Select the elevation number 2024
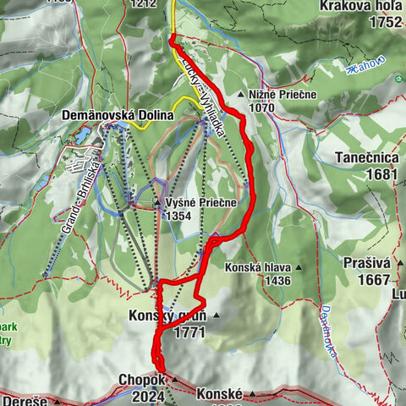click(x=149, y=396)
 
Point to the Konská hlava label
click(x=257, y=267)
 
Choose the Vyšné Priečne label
click(x=201, y=203)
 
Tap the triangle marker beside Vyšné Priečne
click(x=157, y=203)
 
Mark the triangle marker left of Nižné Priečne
click(x=241, y=95)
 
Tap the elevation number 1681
click(x=381, y=173)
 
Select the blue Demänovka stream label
click(x=327, y=331)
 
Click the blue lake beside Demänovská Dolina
click(x=83, y=135)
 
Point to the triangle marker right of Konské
click(x=252, y=394)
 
